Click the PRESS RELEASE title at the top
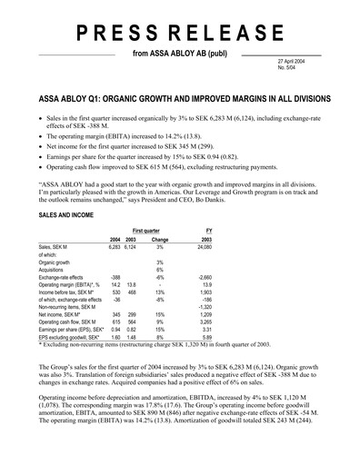click(x=180, y=34)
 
